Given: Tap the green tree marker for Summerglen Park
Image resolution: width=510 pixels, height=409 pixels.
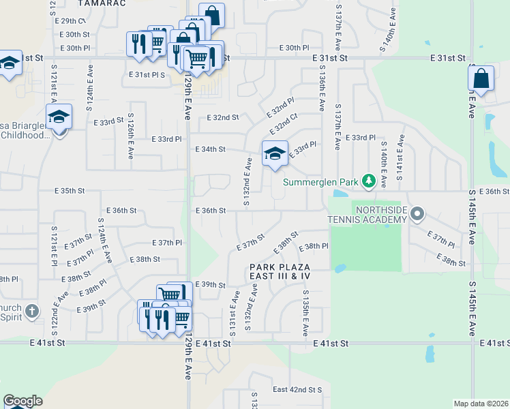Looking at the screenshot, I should pos(369,181).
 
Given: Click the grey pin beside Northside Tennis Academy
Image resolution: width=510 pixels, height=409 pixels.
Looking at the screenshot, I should pos(418,215).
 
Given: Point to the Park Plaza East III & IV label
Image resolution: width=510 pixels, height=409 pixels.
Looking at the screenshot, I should pos(280,271).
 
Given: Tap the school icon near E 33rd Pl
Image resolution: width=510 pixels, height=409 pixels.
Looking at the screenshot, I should pos(275,153).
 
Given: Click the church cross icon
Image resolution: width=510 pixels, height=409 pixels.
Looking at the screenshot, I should pos(31,312).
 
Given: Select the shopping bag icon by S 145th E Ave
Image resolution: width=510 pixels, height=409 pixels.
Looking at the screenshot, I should pos(481,78).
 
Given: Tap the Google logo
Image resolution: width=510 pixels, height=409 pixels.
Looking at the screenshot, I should pos(22,401).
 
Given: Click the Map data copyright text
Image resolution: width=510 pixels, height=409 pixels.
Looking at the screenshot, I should pos(480,404).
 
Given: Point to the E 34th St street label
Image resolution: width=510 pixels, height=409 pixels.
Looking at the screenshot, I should pos(210,149).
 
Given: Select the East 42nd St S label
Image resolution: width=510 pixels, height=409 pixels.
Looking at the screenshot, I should pos(297,390).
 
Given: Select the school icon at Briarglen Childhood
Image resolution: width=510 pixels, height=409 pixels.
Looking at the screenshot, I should pos(59,117).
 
